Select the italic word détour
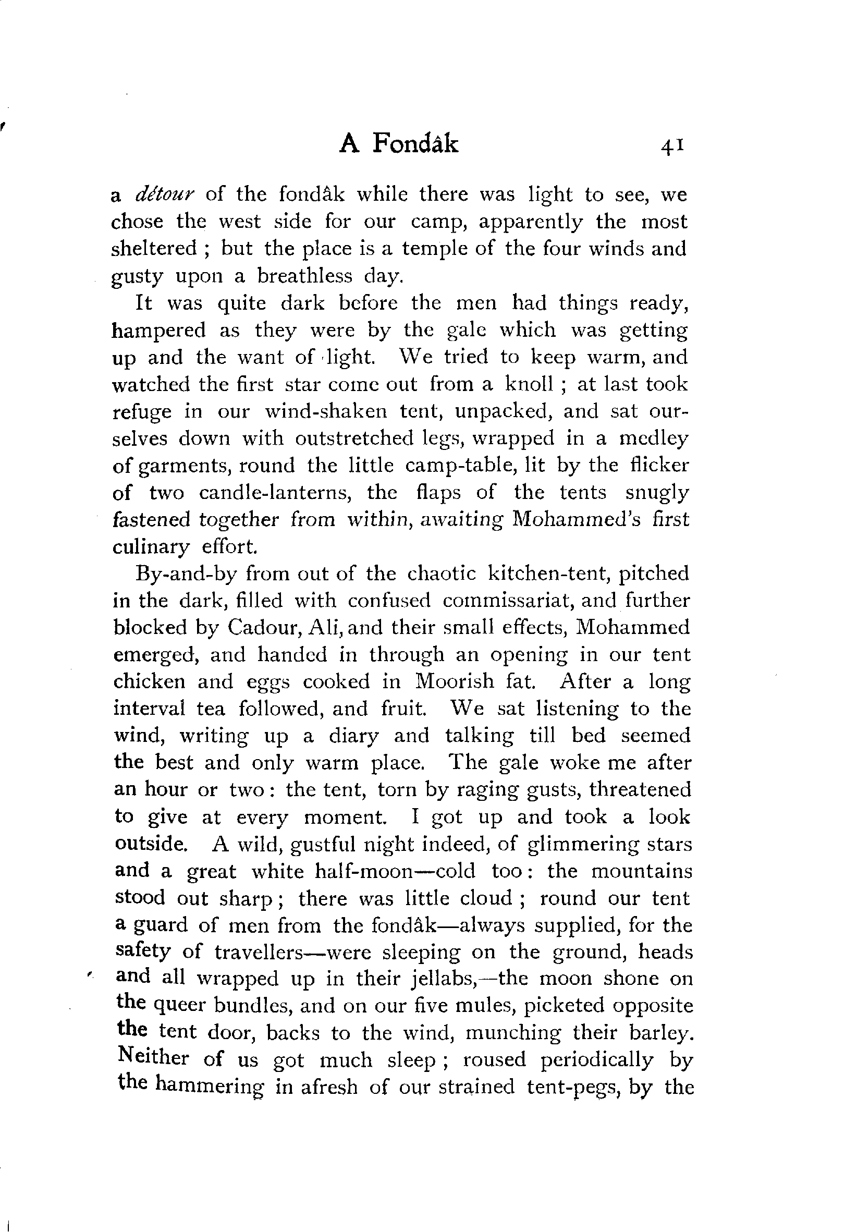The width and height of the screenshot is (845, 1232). click(165, 194)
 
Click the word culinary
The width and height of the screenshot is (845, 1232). click(151, 546)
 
